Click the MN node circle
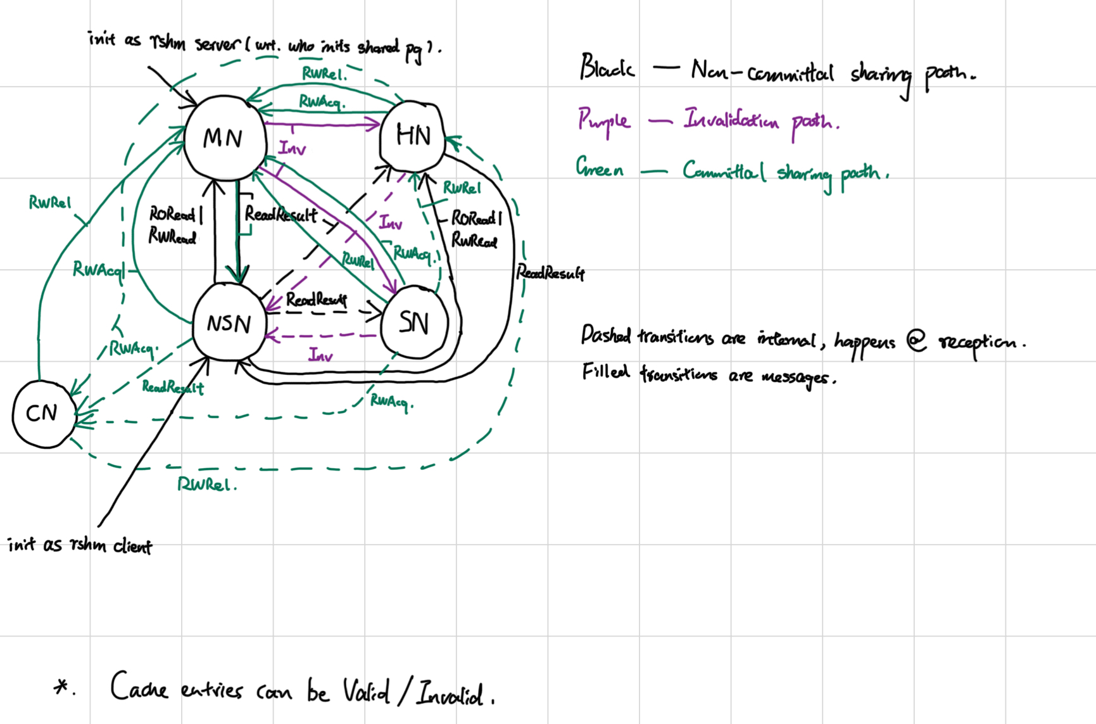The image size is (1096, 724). tap(224, 138)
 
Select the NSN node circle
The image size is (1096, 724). tap(229, 323)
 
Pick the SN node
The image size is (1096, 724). tap(414, 323)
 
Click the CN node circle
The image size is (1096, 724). tap(42, 414)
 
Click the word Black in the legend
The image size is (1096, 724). tap(607, 67)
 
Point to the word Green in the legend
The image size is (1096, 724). tap(599, 168)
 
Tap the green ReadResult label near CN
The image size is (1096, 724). tap(172, 387)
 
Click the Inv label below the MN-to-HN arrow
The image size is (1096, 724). tap(292, 149)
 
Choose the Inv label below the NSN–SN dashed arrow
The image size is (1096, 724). tap(320, 355)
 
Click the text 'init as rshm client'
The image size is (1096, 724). tap(80, 545)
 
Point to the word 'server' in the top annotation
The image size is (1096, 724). tap(217, 44)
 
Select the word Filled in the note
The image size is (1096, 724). tap(605, 371)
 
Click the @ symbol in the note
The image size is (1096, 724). tap(916, 341)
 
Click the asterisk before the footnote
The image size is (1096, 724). tap(62, 687)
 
